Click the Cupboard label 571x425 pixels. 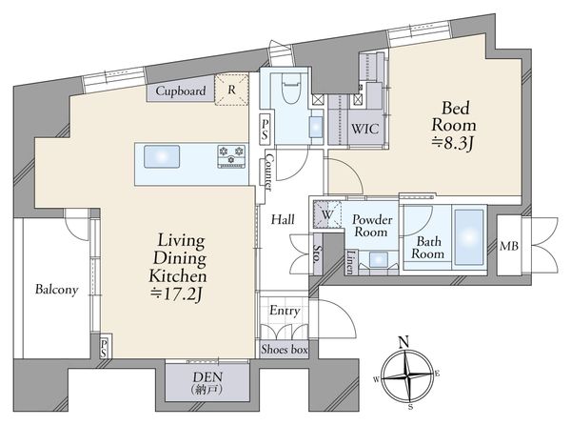181,91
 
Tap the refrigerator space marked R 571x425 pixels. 231,90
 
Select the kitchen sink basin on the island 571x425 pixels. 162,156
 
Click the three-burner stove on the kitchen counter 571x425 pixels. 231,156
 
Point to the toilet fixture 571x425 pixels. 291,89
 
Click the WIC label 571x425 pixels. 364,129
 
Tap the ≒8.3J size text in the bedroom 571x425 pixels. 452,143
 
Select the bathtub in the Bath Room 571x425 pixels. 469,237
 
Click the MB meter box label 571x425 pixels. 509,246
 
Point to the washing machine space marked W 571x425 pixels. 327,214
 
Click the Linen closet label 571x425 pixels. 350,262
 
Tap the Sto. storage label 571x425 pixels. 318,253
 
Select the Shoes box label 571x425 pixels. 285,349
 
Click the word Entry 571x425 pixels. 285,311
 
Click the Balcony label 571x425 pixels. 56,290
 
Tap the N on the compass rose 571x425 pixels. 404,342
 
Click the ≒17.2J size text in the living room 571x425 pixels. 177,294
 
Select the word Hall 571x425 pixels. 283,219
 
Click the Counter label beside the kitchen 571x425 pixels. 268,172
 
